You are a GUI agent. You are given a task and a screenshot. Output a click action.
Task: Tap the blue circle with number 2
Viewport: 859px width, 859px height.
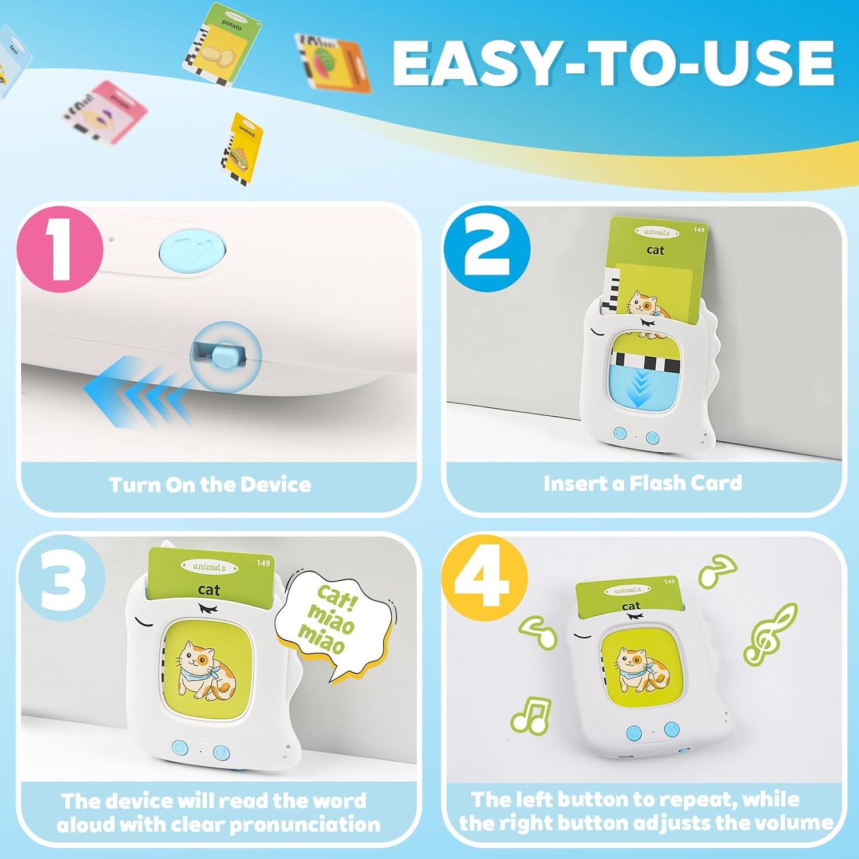(487, 249)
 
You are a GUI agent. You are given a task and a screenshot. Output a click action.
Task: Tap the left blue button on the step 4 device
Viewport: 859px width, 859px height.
(634, 732)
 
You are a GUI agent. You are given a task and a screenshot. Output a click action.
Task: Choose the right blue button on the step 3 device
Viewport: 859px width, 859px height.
(221, 752)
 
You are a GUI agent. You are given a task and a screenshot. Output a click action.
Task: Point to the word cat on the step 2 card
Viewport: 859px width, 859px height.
(655, 250)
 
